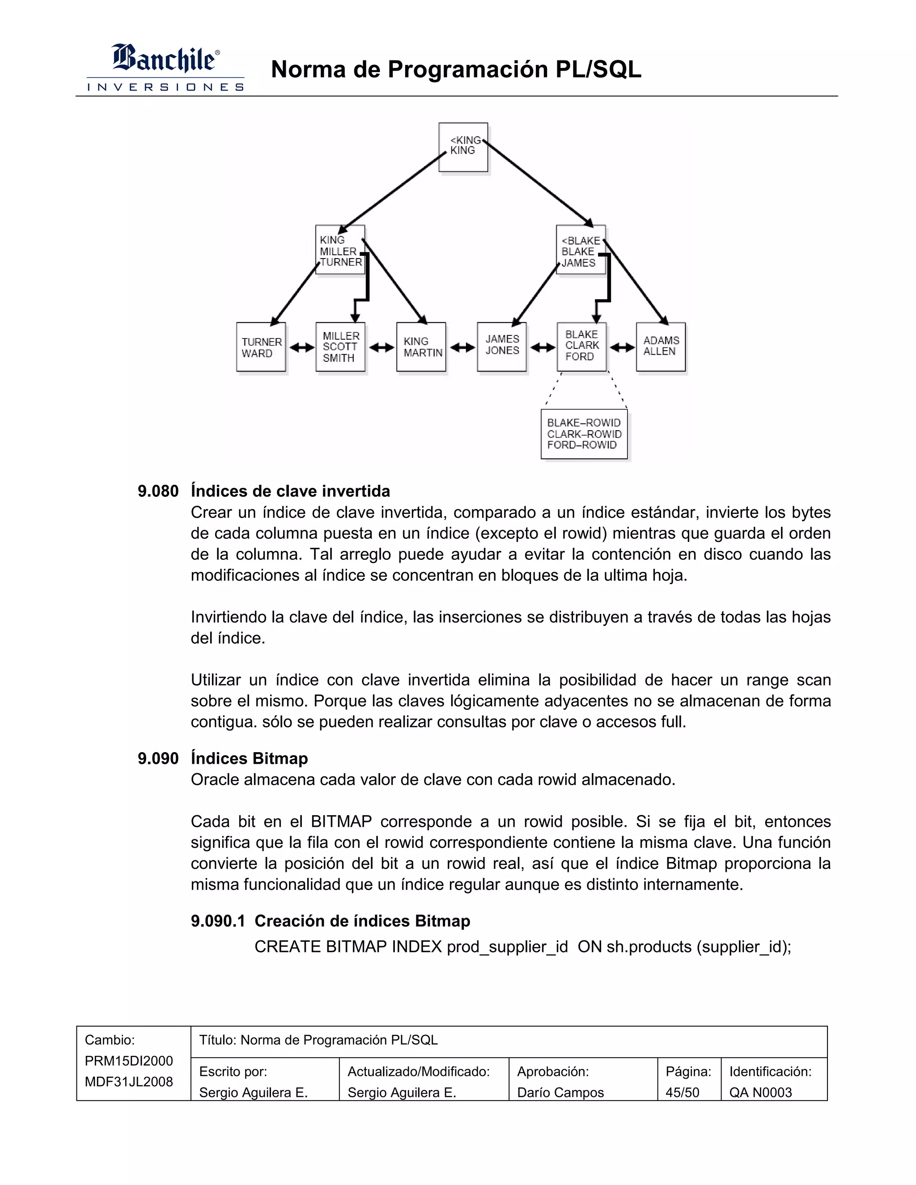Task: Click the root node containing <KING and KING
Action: [463, 147]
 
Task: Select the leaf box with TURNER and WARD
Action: [261, 347]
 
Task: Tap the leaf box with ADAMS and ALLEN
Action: [661, 347]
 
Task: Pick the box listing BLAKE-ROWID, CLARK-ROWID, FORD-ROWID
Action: [584, 434]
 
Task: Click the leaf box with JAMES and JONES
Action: [502, 347]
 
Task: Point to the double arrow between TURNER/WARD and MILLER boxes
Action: [302, 347]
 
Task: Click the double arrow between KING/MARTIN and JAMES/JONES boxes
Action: [462, 347]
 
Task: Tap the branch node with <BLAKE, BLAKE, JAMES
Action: [580, 251]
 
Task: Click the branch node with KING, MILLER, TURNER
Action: [340, 250]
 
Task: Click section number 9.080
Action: [158, 491]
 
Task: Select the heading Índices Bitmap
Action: [249, 758]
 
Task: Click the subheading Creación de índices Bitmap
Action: [362, 921]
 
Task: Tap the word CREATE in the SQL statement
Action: [287, 946]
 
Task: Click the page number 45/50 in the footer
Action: [682, 1092]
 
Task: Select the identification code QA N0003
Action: [760, 1092]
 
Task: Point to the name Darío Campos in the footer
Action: [560, 1092]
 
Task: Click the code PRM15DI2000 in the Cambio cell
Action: [129, 1061]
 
